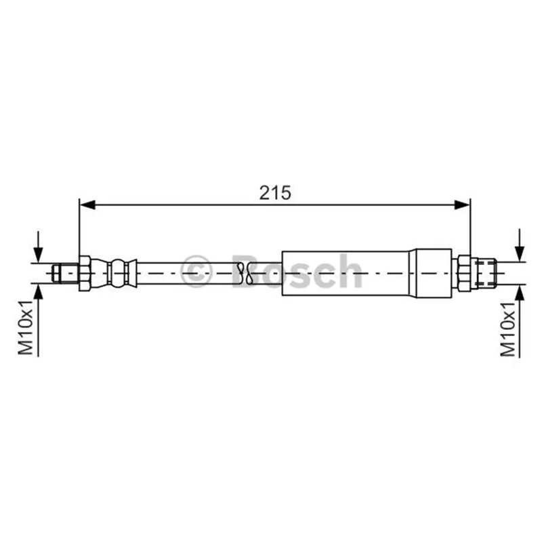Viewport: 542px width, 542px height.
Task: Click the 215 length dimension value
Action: [275, 193]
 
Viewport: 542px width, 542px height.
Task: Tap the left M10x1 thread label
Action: [26, 328]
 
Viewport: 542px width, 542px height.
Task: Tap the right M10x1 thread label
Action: [508, 329]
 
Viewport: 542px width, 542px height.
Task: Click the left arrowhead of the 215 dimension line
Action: [87, 205]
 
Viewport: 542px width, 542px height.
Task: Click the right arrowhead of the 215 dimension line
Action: [462, 205]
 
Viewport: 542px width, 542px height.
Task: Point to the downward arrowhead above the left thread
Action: [39, 255]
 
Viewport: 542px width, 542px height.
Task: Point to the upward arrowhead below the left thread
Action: [39, 292]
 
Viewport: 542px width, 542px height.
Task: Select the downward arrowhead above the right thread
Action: [520, 253]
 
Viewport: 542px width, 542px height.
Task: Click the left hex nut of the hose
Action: [85, 274]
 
